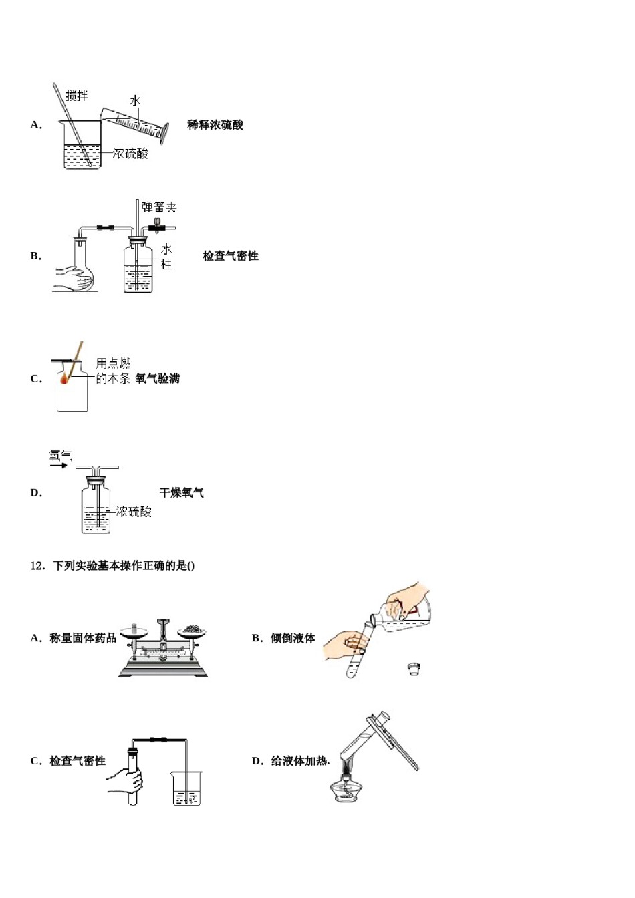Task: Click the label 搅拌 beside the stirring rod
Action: click(77, 96)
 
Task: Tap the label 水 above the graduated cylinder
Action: click(136, 101)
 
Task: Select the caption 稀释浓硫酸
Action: click(215, 125)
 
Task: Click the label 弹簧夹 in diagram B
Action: click(159, 208)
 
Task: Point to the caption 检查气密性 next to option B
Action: click(231, 256)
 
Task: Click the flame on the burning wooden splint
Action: click(66, 379)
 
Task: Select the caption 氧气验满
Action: click(158, 379)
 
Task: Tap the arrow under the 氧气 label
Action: click(59, 466)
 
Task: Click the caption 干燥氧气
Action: click(181, 493)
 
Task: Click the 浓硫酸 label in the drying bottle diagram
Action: click(134, 512)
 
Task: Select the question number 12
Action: click(37, 566)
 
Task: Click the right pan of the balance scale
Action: click(193, 632)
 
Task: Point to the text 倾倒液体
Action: click(293, 639)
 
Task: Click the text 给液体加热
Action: click(300, 761)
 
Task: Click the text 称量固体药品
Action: click(83, 639)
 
